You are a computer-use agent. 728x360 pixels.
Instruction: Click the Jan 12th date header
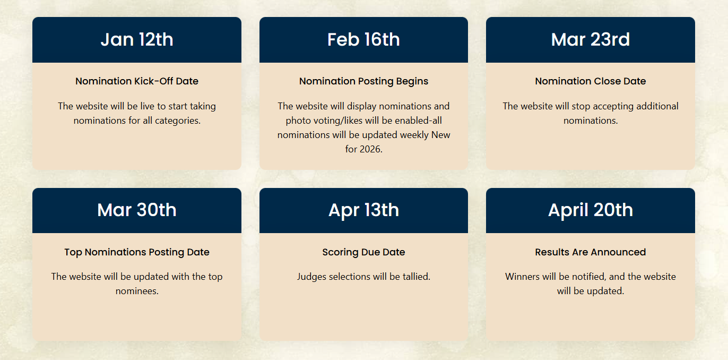pyautogui.click(x=137, y=40)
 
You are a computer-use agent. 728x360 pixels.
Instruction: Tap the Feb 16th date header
pyautogui.click(x=363, y=40)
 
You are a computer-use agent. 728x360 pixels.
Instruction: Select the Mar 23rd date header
pyautogui.click(x=590, y=40)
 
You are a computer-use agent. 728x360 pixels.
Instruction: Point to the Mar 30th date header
pyautogui.click(x=137, y=210)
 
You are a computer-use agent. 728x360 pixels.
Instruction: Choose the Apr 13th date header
pyautogui.click(x=363, y=211)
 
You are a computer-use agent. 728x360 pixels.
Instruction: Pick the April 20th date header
pyautogui.click(x=590, y=211)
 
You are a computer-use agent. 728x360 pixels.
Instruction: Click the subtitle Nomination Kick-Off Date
pyautogui.click(x=137, y=81)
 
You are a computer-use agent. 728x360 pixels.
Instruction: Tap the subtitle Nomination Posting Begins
pyautogui.click(x=363, y=81)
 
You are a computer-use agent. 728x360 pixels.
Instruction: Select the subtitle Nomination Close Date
pyautogui.click(x=590, y=81)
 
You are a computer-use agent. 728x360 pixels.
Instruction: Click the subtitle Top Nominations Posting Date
pyautogui.click(x=137, y=252)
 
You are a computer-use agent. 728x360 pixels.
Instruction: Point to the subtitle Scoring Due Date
pyautogui.click(x=363, y=252)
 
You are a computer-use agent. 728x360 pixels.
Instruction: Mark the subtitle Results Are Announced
pyautogui.click(x=590, y=252)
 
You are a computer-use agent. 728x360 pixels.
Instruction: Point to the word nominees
pyautogui.click(x=137, y=291)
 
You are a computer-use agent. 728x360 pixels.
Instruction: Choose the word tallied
pyautogui.click(x=417, y=277)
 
